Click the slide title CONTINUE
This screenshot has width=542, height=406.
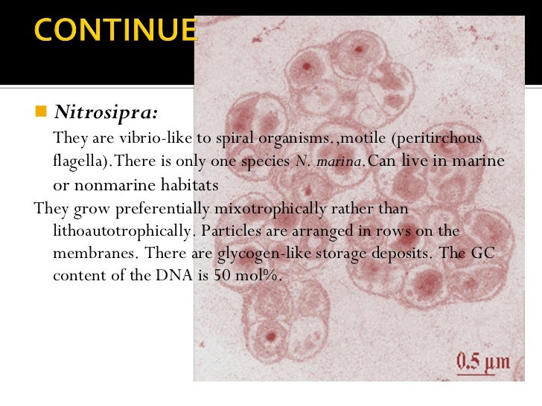pyautogui.click(x=115, y=31)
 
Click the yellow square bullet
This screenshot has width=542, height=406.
pyautogui.click(x=40, y=112)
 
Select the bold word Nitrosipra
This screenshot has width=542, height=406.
pyautogui.click(x=105, y=113)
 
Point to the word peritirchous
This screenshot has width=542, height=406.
pyautogui.click(x=439, y=138)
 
